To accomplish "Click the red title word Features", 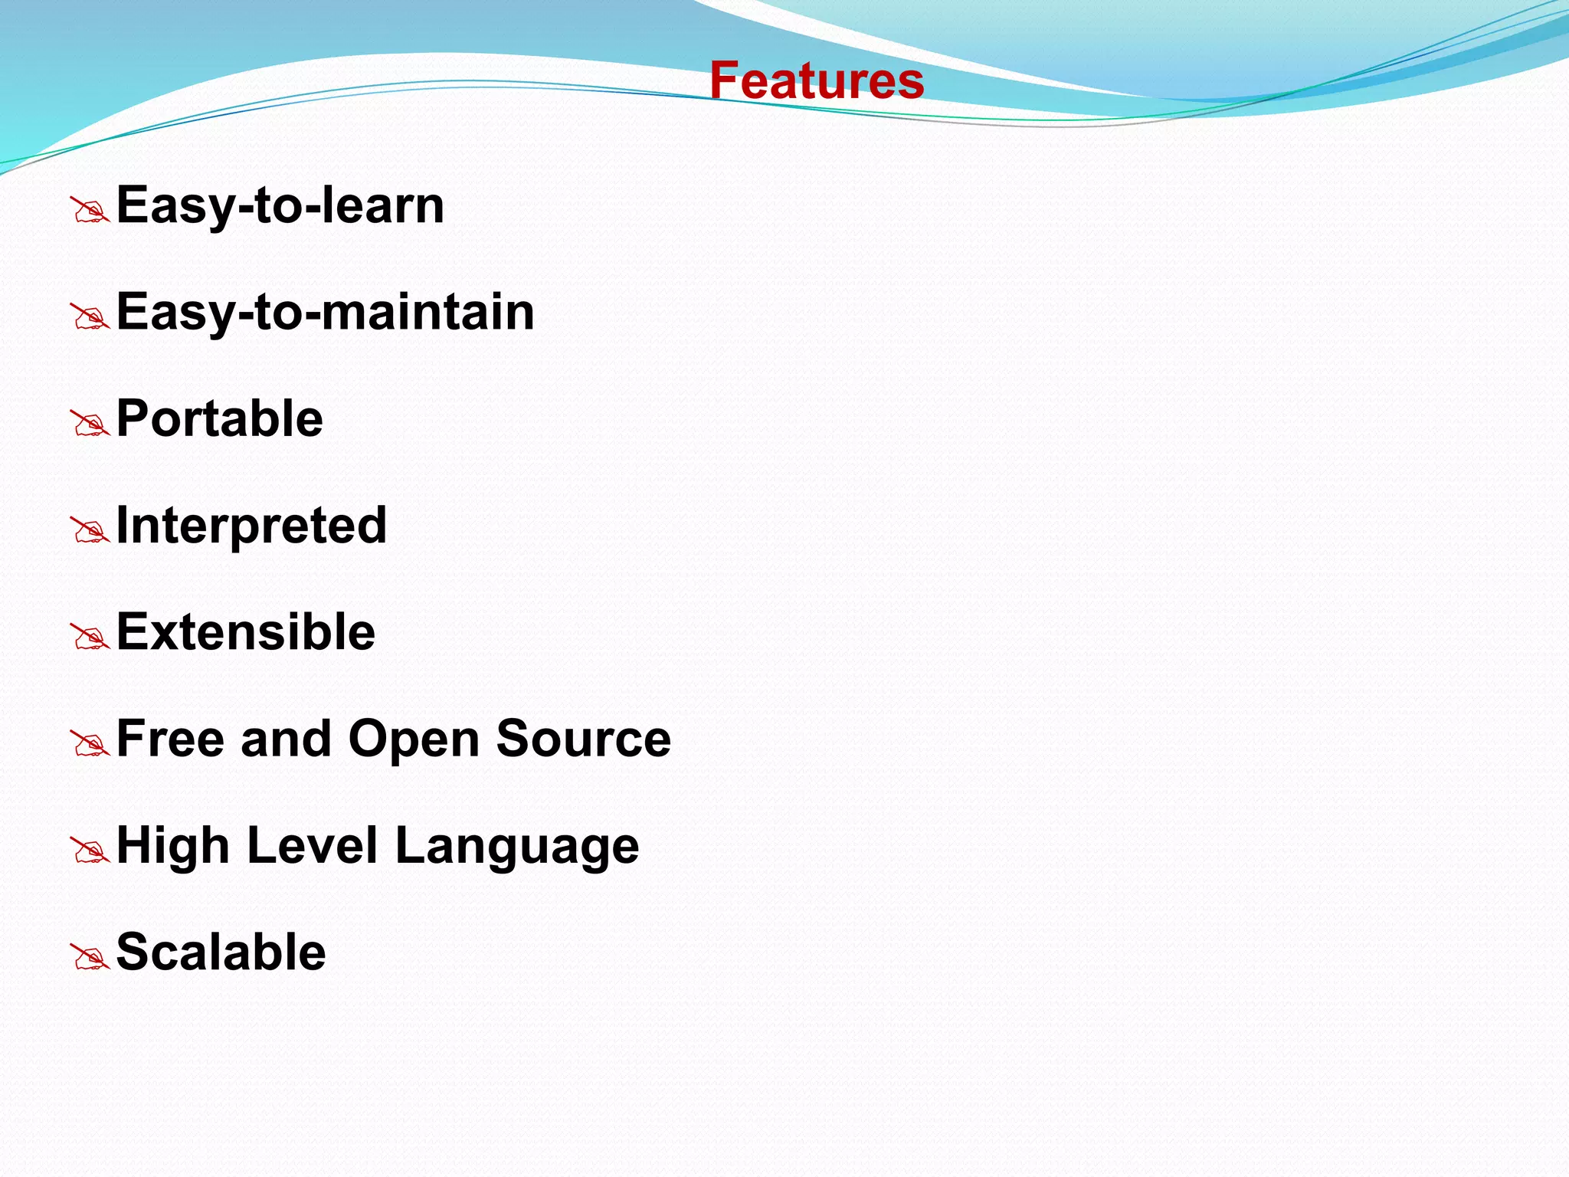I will tap(817, 80).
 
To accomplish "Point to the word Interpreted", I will tap(251, 526).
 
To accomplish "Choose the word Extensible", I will tap(245, 632).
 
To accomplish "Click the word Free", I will tap(170, 739).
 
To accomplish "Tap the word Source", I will tap(583, 739).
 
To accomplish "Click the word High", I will tap(172, 845).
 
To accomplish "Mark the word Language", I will tap(516, 847).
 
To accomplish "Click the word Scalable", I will tap(221, 952).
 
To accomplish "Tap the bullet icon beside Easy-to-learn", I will tap(90, 210).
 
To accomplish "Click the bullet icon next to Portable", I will tap(90, 424).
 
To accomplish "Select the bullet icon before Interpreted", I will tap(90, 530).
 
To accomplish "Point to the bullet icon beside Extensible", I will tap(90, 637).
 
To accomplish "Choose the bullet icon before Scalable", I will tap(90, 957).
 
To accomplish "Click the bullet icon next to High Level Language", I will tap(90, 851).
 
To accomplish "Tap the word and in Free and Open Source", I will tap(285, 739).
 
